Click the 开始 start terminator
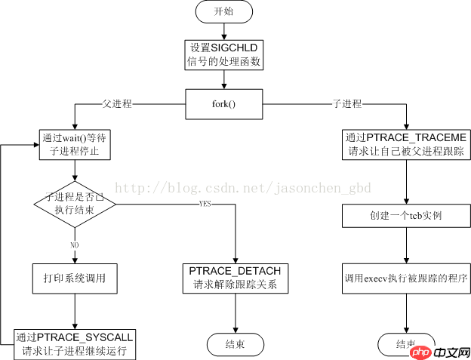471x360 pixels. pyautogui.click(x=223, y=12)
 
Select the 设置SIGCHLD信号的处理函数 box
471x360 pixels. pyautogui.click(x=223, y=54)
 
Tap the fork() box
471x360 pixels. pyautogui.click(x=223, y=103)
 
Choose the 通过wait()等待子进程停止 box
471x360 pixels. pyautogui.click(x=75, y=145)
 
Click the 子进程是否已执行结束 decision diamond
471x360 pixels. pyautogui.click(x=75, y=203)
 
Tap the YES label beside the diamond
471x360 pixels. pyautogui.click(x=205, y=205)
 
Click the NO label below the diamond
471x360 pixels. pyautogui.click(x=74, y=245)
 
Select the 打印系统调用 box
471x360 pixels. pyautogui.click(x=75, y=278)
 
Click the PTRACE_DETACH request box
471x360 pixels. pyautogui.click(x=235, y=278)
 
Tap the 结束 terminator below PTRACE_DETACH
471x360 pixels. pyautogui.click(x=236, y=343)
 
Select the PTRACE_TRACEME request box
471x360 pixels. pyautogui.click(x=408, y=145)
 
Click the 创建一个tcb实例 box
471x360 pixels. pyautogui.click(x=408, y=217)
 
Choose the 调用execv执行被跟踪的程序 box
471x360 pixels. pyautogui.click(x=408, y=278)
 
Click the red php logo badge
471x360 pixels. pyautogui.click(x=421, y=351)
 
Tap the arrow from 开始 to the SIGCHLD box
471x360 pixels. pyautogui.click(x=223, y=30)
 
